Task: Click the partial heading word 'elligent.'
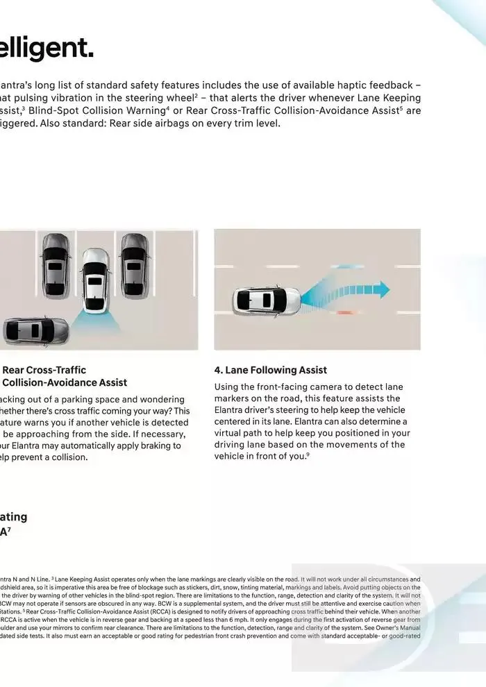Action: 47,49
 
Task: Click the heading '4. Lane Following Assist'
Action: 270,370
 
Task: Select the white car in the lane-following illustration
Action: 267,300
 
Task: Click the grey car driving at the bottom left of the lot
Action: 35,331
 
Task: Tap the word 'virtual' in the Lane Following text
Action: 231,433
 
